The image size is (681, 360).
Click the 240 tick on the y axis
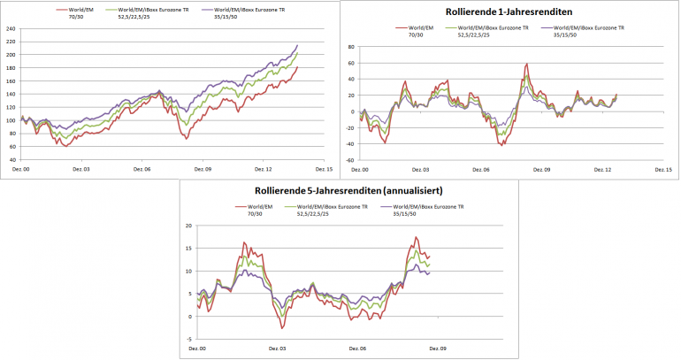11,28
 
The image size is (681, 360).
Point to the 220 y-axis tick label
11,42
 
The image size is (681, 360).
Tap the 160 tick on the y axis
11,81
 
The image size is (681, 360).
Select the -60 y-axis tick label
349,160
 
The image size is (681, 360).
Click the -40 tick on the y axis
349,144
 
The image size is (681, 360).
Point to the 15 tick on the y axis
187,248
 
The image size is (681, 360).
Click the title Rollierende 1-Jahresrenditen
509,12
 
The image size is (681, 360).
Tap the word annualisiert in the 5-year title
400,190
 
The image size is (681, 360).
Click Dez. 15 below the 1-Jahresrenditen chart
662,168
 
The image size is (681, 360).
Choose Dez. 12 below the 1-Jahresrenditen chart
604,168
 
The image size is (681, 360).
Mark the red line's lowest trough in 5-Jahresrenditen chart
283,328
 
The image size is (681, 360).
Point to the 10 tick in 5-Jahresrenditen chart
187,271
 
